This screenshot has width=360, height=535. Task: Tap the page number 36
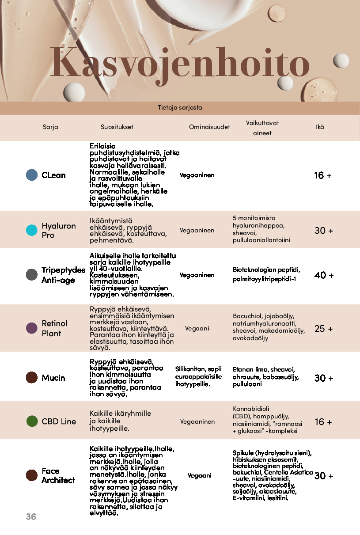pyautogui.click(x=31, y=516)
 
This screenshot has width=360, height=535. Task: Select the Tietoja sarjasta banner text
pyautogui.click(x=180, y=107)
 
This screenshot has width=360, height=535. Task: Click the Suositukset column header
pyautogui.click(x=117, y=127)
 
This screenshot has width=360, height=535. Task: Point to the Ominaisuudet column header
pyautogui.click(x=209, y=127)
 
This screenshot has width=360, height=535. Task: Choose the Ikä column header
pyautogui.click(x=320, y=127)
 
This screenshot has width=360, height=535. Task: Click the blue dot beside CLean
pyautogui.click(x=32, y=175)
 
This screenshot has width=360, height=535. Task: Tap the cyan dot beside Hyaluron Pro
pyautogui.click(x=32, y=230)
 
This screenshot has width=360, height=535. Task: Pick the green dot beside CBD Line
pyautogui.click(x=32, y=421)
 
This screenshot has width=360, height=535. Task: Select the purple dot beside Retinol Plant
pyautogui.click(x=32, y=328)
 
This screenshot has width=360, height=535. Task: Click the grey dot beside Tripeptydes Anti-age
pyautogui.click(x=32, y=275)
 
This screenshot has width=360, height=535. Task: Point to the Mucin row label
pyautogui.click(x=53, y=378)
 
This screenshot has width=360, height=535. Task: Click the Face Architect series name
pyautogui.click(x=58, y=475)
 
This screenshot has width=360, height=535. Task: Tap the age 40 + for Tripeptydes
pyautogui.click(x=324, y=275)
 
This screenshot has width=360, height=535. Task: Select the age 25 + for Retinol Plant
pyautogui.click(x=323, y=329)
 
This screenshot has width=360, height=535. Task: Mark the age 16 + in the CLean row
pyautogui.click(x=322, y=175)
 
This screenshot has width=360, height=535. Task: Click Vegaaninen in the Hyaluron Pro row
pyautogui.click(x=197, y=230)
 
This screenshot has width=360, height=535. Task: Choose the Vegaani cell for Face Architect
pyautogui.click(x=199, y=475)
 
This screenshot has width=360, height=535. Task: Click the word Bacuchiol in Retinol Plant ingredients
pyautogui.click(x=247, y=316)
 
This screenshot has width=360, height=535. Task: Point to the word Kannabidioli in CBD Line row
pyautogui.click(x=251, y=408)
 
